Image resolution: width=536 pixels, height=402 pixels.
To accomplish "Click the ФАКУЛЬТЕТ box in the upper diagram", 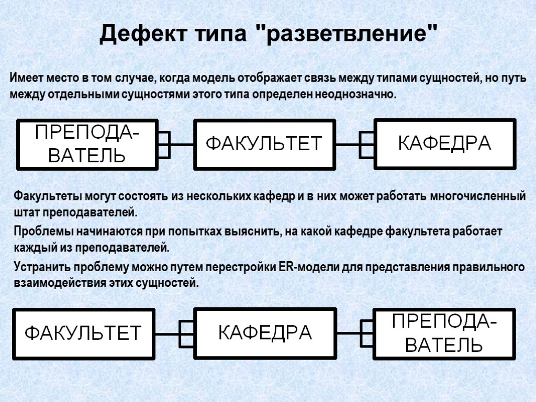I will click(x=264, y=144).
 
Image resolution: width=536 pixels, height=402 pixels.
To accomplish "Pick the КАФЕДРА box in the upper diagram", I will click(x=444, y=143).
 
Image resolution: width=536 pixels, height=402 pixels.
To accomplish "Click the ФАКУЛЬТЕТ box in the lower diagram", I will click(x=84, y=333).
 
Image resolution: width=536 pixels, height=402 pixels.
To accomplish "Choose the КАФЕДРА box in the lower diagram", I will click(x=264, y=333).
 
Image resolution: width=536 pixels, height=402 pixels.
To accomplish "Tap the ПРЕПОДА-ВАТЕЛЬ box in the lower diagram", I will click(x=444, y=333).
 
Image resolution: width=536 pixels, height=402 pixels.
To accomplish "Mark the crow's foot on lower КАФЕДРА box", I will click(x=186, y=333).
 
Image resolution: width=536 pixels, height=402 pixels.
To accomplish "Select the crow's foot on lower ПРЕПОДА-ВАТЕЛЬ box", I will click(x=366, y=333).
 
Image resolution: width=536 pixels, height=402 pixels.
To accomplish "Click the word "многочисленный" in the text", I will click(x=477, y=197).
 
